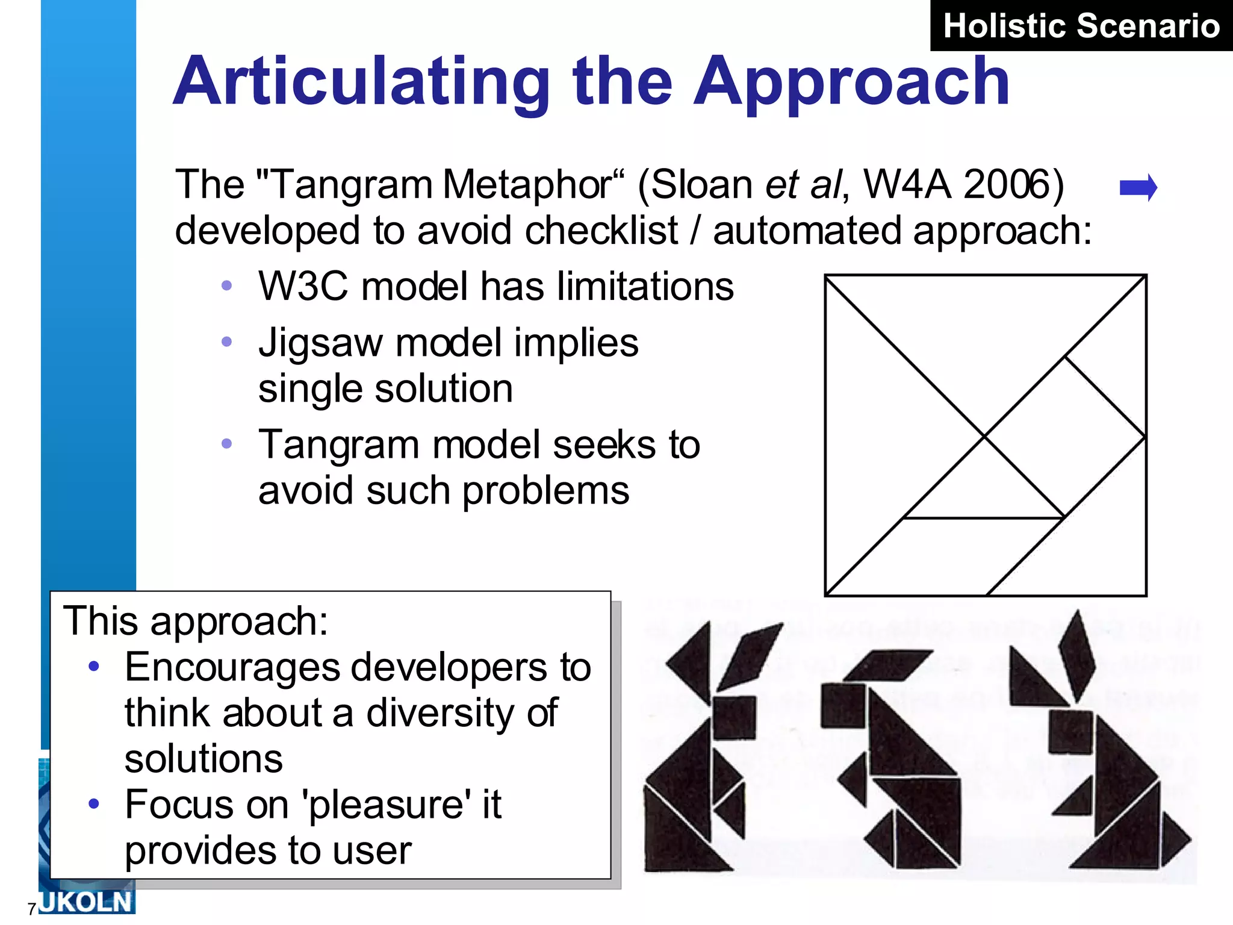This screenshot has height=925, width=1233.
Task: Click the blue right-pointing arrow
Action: (x=1138, y=187)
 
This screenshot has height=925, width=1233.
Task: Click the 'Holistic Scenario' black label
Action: (x=1081, y=26)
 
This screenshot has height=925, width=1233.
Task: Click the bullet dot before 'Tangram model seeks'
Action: (x=227, y=444)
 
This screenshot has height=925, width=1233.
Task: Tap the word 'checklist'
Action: (x=601, y=231)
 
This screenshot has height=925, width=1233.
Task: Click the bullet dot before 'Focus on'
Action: (x=93, y=803)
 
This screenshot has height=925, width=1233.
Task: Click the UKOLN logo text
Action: (x=85, y=902)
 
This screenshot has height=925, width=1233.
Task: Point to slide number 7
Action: (x=31, y=909)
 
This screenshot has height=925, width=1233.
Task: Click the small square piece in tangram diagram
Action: (x=1064, y=437)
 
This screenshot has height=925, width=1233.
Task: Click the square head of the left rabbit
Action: (x=734, y=717)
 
